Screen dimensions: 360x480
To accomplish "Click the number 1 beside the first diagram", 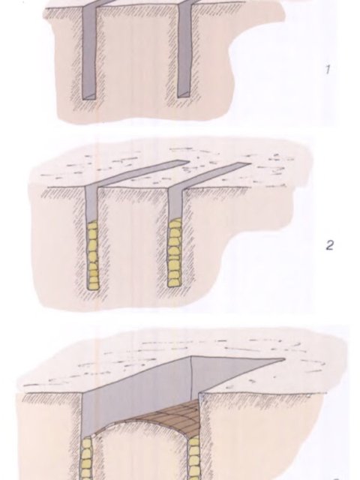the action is coord(328,70).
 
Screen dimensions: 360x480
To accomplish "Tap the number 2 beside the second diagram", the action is coord(329,245).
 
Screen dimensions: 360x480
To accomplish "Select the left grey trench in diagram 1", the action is coord(89,52).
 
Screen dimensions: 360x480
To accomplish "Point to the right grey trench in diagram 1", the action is coord(184,50).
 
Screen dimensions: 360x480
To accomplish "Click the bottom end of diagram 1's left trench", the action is coord(88,97).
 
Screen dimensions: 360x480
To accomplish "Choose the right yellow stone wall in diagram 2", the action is coord(175,253).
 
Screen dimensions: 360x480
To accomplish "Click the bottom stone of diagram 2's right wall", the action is coord(175,282).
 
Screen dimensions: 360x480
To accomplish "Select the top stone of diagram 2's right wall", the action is coord(175,222).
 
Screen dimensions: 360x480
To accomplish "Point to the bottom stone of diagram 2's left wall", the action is coord(93,286).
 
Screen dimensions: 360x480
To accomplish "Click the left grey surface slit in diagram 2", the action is coord(135,173).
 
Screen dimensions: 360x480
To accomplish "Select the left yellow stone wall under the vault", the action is coord(87,458).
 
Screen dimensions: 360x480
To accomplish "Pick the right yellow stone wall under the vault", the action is coord(193,458).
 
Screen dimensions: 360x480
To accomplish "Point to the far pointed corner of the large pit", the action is coord(285,358).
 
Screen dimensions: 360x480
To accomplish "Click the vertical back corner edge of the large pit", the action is coord(191,379).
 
